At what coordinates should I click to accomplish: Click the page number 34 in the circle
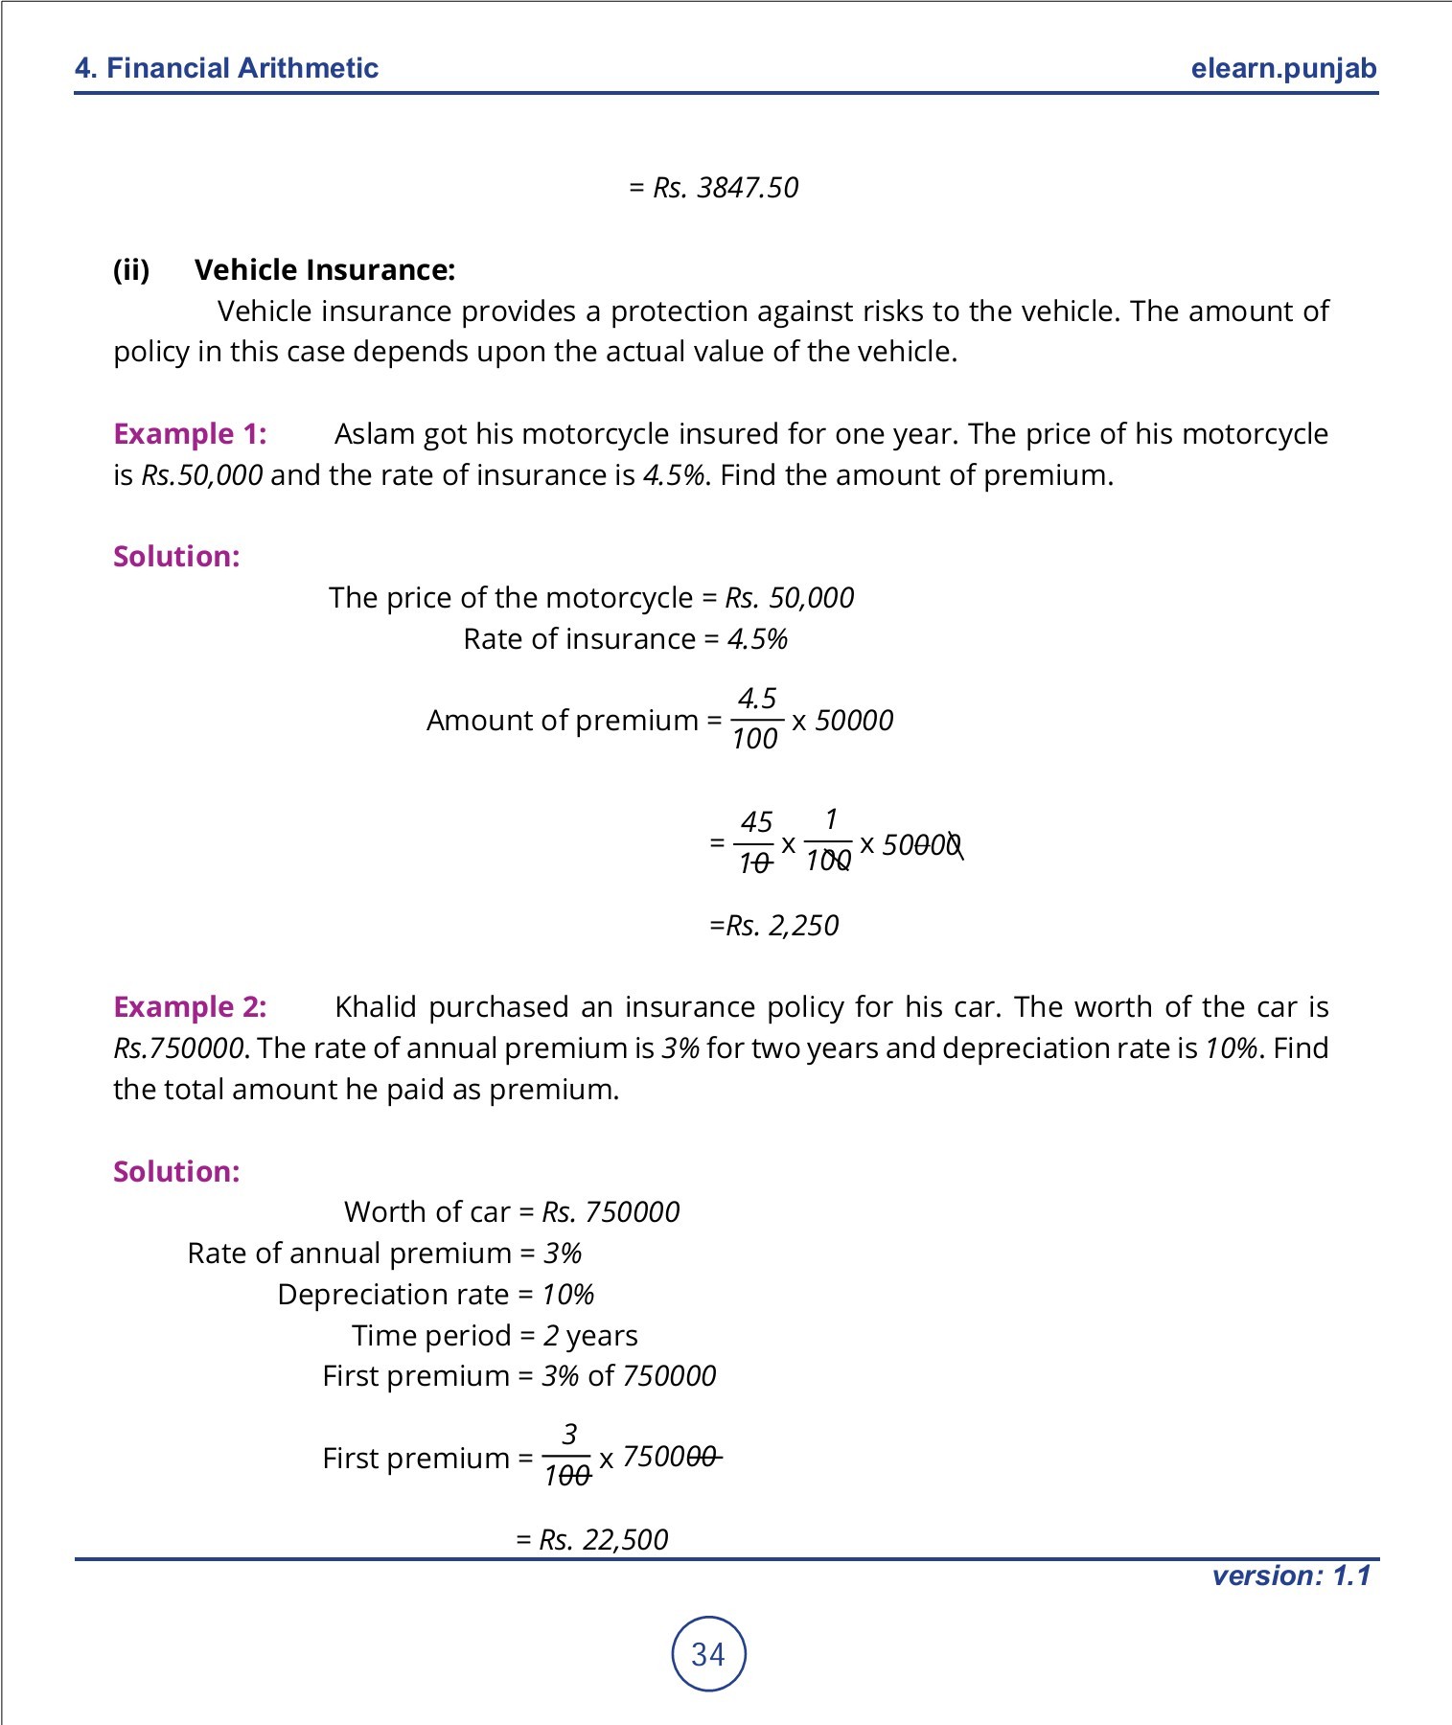(x=708, y=1654)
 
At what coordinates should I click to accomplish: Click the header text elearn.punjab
(x=1283, y=68)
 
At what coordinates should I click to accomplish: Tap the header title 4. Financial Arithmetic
(x=226, y=68)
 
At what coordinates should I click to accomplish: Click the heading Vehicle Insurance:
(x=325, y=270)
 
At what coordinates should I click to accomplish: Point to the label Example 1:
(x=190, y=434)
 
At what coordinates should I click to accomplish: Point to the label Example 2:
(x=190, y=1007)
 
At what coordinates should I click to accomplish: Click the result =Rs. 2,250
(x=773, y=926)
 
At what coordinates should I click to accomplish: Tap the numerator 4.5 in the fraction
(x=756, y=698)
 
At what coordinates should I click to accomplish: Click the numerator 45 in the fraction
(x=756, y=822)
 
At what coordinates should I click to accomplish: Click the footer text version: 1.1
(x=1290, y=1576)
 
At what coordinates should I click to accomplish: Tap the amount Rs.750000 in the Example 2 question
(x=178, y=1048)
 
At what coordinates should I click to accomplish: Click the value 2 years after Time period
(x=590, y=1336)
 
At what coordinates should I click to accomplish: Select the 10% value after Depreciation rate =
(x=568, y=1295)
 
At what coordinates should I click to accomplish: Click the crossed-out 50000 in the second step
(x=921, y=845)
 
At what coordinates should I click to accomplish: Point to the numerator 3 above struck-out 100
(x=569, y=1435)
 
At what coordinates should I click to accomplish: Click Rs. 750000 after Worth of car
(x=611, y=1212)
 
